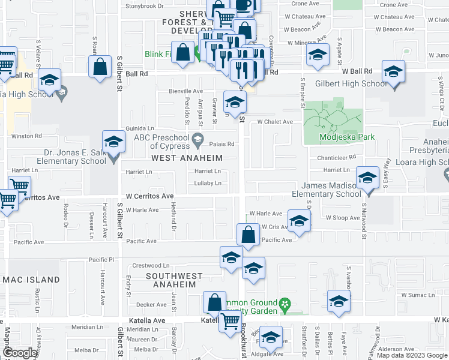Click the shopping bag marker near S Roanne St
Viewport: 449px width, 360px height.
[100, 67]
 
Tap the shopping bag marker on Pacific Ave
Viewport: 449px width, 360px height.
[247, 235]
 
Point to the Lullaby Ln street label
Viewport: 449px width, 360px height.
[208, 183]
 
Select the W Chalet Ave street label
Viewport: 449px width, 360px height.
[275, 122]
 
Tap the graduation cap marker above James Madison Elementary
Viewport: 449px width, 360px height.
[367, 179]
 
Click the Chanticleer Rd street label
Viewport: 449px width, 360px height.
[337, 157]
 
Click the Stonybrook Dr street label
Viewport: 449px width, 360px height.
[144, 6]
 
